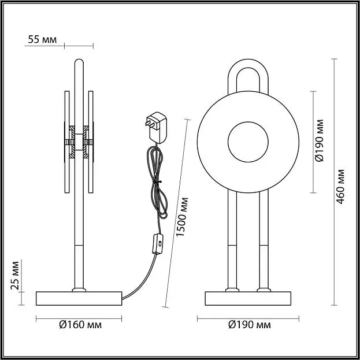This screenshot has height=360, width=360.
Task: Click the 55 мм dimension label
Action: pos(42,39)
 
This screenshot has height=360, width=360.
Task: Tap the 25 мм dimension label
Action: pos(15,276)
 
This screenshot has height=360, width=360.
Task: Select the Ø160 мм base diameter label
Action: pos(80,325)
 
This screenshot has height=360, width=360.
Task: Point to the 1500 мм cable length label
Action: pos(183,217)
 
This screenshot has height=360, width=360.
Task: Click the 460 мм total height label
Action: pos(341,187)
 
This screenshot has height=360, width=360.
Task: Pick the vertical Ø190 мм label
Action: pos(320,140)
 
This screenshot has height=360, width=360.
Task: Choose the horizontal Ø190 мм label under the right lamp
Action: pos(250,325)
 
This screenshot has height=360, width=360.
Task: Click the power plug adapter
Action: pos(157,128)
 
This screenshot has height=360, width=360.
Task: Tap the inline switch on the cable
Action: pos(158,244)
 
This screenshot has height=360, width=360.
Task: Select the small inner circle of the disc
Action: pos(248,142)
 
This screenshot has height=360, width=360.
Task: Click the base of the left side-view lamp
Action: pos(79,299)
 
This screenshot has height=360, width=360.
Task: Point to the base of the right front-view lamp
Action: pos(248,299)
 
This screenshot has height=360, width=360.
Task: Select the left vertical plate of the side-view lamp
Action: pos(67,142)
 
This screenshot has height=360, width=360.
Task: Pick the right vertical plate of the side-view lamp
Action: pos(91,142)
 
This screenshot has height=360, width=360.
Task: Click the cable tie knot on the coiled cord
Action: pos(157,181)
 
